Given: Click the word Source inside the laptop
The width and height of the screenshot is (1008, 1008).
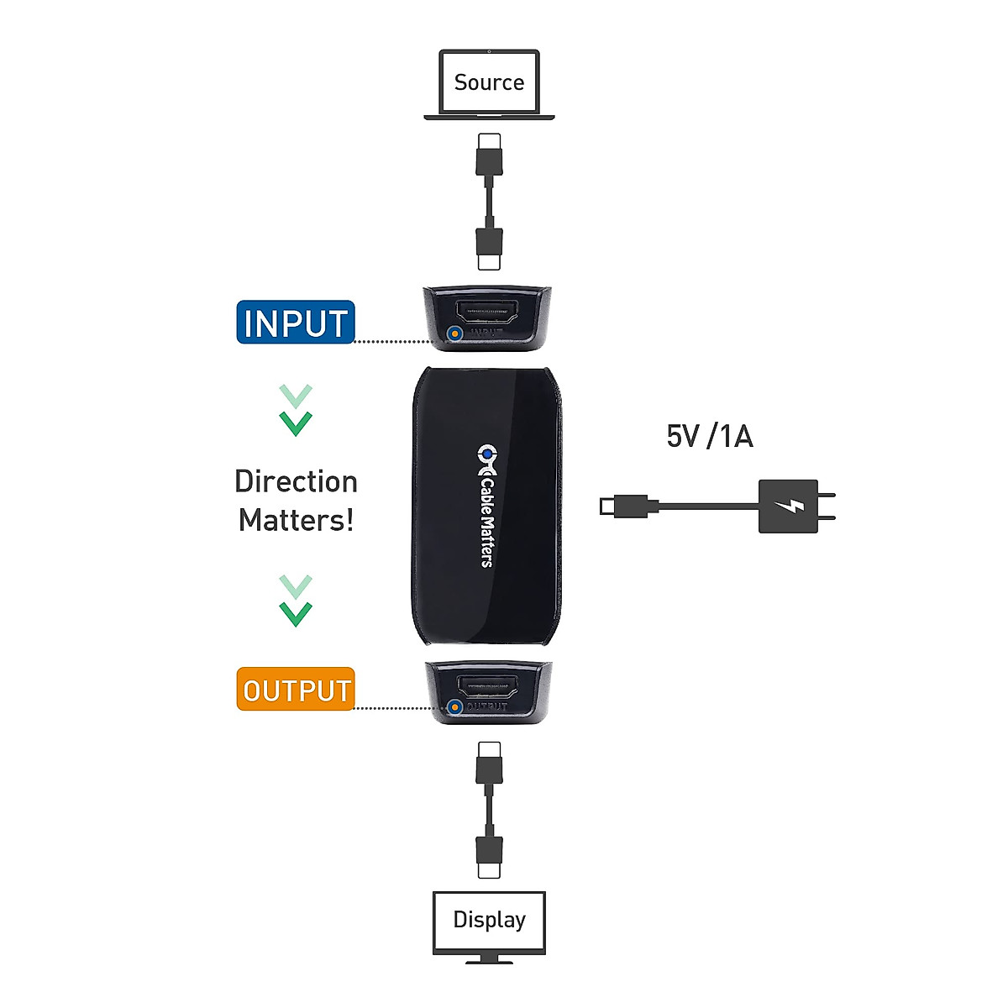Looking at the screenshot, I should [x=489, y=82].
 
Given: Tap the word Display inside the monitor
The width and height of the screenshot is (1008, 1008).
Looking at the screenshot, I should [x=489, y=920].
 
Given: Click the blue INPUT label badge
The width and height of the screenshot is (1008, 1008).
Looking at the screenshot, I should [x=296, y=323].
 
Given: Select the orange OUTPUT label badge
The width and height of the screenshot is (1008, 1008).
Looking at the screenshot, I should [x=296, y=690].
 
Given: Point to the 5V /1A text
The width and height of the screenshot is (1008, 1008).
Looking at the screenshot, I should [x=710, y=437].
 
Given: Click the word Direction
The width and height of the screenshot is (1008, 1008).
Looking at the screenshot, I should [x=296, y=481].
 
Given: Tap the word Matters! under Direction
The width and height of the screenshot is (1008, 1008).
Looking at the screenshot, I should [x=296, y=520].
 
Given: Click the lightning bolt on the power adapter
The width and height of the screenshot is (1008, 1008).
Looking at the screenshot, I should [x=789, y=507].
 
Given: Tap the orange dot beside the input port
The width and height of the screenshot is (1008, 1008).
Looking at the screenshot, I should [x=454, y=333].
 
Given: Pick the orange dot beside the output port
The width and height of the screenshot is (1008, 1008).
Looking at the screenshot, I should [x=454, y=706].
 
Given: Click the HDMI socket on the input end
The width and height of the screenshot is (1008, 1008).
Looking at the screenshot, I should [x=488, y=313].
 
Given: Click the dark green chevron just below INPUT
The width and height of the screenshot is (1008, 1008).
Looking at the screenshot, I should [x=296, y=423].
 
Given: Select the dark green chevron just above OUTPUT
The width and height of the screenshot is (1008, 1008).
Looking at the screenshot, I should [x=296, y=613].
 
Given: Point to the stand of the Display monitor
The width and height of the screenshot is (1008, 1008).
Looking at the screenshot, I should [x=489, y=958].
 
